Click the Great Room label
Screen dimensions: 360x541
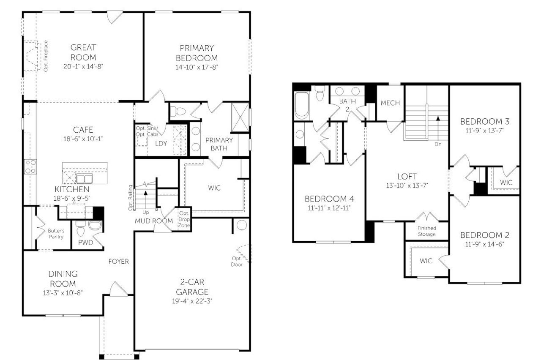[83, 52]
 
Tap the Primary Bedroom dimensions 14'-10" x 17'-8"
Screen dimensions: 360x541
[197, 67]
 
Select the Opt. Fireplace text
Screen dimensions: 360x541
[46, 56]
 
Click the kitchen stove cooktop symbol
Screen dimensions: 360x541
[30, 166]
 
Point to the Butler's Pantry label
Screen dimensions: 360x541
[55, 234]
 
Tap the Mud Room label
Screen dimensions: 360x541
[154, 221]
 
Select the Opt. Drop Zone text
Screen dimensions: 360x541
[184, 219]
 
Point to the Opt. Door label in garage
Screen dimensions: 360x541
[237, 262]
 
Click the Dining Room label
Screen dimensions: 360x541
[63, 279]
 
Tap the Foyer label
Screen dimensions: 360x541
[119, 262]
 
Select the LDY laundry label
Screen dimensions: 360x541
[161, 143]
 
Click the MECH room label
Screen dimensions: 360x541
[390, 103]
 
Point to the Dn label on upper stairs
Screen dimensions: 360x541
[437, 144]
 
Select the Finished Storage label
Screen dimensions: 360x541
[426, 231]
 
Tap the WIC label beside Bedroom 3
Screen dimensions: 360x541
[506, 183]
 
